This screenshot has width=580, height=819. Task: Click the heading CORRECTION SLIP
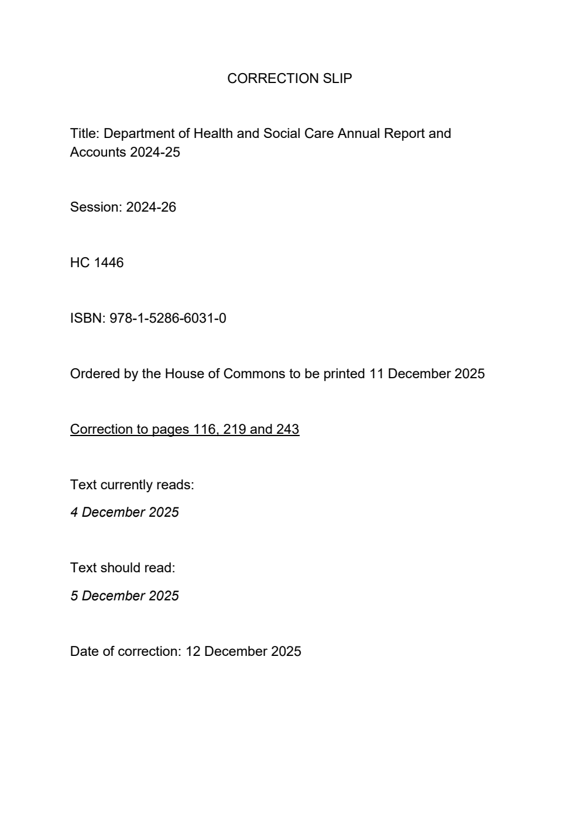(x=289, y=78)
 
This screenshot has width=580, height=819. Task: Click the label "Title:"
(x=85, y=133)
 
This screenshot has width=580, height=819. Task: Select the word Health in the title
(x=212, y=133)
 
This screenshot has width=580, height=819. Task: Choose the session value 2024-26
(x=151, y=208)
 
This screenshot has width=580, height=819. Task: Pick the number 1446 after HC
(x=109, y=263)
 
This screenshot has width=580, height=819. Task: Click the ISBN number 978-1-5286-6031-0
(x=167, y=319)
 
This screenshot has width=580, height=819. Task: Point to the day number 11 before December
(x=376, y=374)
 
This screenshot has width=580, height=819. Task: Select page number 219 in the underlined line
(x=235, y=429)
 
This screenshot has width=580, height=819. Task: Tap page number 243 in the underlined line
(x=287, y=429)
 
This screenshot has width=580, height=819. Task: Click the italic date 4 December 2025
(x=125, y=512)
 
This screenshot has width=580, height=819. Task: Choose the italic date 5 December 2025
(x=125, y=596)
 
